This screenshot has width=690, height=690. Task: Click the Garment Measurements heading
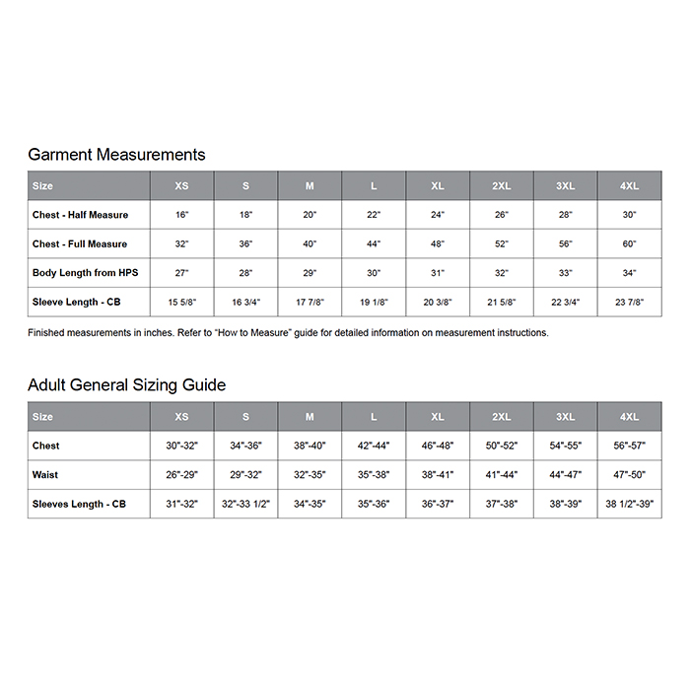(116, 155)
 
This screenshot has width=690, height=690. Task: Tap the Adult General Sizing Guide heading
(126, 385)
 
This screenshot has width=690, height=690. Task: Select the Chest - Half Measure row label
(80, 215)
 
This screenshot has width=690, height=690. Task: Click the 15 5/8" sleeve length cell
(181, 303)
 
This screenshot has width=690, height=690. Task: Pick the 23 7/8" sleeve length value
(629, 303)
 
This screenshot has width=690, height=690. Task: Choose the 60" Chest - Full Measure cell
(629, 244)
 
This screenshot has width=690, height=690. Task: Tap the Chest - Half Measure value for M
(310, 215)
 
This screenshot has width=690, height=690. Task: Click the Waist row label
(45, 475)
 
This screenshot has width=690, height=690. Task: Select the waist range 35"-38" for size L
(374, 475)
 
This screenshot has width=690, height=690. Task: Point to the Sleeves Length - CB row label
(79, 505)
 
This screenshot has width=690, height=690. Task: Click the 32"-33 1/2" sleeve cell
(245, 505)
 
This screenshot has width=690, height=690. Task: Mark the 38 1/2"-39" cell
(629, 505)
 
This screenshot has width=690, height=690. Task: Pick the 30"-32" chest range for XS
(181, 447)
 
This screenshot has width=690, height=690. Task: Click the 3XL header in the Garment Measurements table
(565, 186)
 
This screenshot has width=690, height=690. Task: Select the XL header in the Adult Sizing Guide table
(438, 417)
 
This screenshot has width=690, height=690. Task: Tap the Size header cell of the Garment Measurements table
(43, 186)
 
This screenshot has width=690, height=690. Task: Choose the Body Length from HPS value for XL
(438, 273)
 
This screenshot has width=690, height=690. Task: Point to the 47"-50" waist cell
(629, 475)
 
